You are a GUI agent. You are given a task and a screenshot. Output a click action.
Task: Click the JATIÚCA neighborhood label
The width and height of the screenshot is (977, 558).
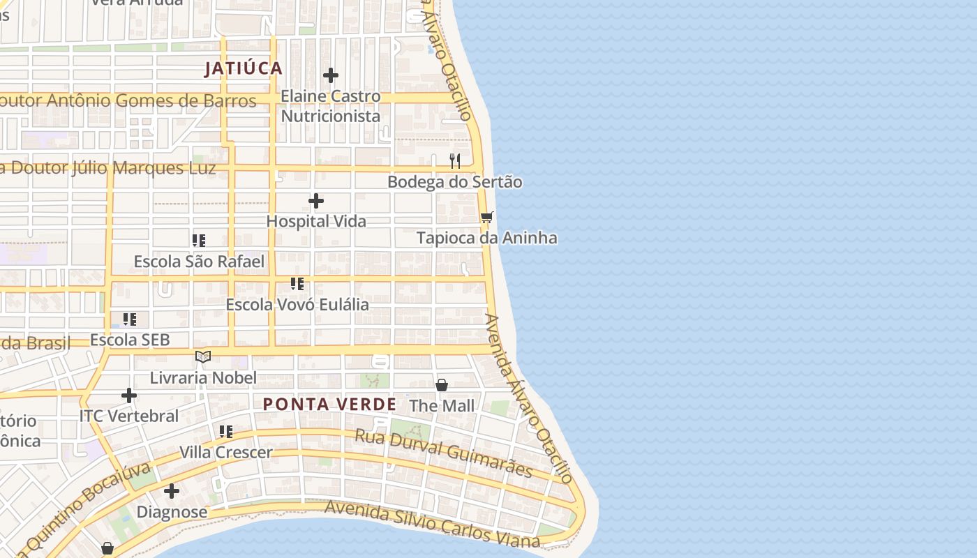[x=244, y=68]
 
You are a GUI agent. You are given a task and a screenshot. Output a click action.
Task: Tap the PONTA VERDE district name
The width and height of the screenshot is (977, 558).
[x=330, y=405]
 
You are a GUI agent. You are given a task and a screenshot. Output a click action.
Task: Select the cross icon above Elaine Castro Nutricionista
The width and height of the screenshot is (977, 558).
[x=331, y=75]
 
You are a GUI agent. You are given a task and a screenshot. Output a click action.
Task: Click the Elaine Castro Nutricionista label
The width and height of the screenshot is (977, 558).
[x=331, y=106]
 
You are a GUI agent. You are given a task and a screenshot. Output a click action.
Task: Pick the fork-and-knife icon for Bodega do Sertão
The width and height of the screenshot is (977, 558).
[x=455, y=161]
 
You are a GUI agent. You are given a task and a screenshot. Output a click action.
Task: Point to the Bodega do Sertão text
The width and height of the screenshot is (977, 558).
[x=454, y=182]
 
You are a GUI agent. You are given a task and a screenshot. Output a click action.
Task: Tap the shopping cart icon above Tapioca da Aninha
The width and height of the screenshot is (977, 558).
[x=487, y=218]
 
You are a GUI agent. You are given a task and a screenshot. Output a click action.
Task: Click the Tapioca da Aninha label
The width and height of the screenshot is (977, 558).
[x=486, y=238]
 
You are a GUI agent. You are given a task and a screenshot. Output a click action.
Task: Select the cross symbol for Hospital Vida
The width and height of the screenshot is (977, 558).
[x=316, y=202]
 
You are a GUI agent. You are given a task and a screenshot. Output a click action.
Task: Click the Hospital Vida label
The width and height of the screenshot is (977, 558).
[x=316, y=221]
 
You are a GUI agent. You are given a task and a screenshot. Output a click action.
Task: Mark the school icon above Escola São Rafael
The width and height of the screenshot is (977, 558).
[x=199, y=241]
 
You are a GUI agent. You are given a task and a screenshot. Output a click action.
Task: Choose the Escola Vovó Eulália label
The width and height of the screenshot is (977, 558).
[x=297, y=305]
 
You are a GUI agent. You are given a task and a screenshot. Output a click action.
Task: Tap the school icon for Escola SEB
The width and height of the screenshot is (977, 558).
[x=130, y=320]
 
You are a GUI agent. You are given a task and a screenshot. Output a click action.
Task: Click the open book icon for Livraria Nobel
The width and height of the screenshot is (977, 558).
[x=203, y=357]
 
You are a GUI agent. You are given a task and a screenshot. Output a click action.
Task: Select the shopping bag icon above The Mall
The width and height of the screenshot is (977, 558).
[x=442, y=385]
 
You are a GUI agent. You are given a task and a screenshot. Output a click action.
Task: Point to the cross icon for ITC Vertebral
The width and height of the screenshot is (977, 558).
[x=129, y=396]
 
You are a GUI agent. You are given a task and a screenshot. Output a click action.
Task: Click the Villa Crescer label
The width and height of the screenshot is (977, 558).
[x=226, y=453]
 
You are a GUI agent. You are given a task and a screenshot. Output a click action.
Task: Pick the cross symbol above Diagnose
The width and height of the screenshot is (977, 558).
[x=172, y=491]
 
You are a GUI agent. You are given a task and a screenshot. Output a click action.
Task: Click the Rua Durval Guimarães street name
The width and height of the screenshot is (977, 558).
[x=443, y=453]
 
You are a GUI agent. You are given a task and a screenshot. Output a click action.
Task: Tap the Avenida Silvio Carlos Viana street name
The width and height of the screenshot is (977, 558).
[x=433, y=525]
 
